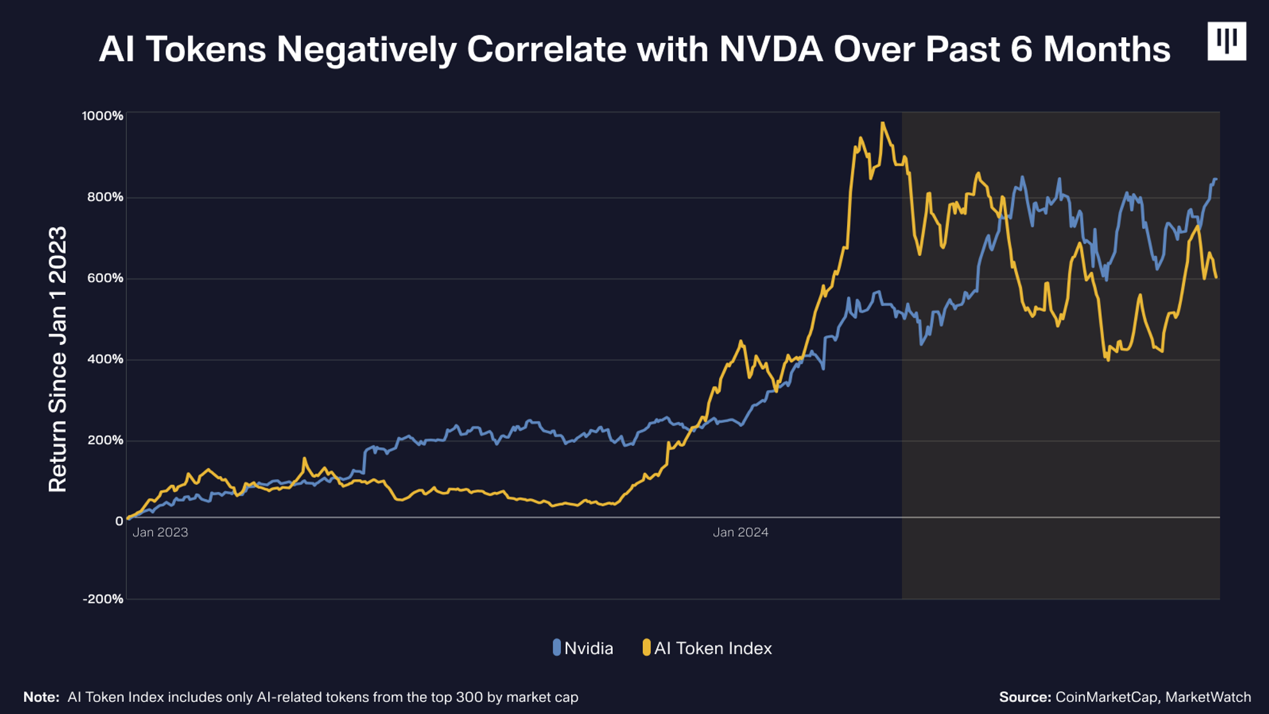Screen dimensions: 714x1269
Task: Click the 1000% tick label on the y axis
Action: [x=102, y=116]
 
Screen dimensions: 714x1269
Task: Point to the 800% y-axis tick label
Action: [x=105, y=197]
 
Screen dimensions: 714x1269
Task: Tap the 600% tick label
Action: [x=105, y=278]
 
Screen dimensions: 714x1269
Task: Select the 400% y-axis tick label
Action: [x=105, y=360]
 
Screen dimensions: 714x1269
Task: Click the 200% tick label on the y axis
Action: [x=105, y=440]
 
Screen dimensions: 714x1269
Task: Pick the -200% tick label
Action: [x=102, y=599]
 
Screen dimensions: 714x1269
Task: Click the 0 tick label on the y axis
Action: [x=119, y=521]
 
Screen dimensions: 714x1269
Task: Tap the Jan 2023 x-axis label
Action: [x=160, y=532]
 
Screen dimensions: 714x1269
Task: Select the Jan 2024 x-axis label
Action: [x=741, y=532]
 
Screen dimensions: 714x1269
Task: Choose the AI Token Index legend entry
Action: [x=707, y=648]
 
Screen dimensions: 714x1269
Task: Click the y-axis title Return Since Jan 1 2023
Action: [x=58, y=360]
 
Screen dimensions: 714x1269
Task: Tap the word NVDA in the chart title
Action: [x=770, y=49]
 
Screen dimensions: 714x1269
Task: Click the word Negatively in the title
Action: [x=366, y=49]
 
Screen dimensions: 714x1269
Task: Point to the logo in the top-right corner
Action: [x=1227, y=41]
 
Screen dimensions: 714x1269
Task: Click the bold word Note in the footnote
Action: [x=40, y=697]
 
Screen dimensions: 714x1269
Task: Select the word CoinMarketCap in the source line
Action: [x=1106, y=697]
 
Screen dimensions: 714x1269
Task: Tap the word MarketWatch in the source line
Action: [x=1208, y=697]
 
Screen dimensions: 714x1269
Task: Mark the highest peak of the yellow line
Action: [x=883, y=123]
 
